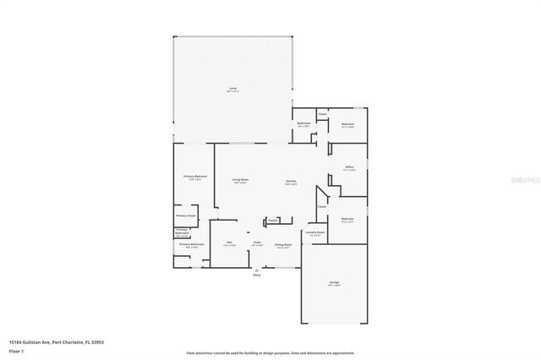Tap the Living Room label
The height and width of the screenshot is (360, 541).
(240, 180)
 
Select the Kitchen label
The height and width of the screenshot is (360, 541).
(290, 180)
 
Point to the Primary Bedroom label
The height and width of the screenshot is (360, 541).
(195, 177)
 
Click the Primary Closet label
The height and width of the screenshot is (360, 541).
(185, 215)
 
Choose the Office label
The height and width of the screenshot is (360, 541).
(349, 167)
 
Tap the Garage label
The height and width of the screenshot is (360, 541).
(334, 283)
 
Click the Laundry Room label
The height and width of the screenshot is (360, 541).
(314, 232)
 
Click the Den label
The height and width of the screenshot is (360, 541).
(230, 243)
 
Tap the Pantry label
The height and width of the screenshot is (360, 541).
(273, 221)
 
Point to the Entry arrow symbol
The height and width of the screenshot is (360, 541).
(257, 270)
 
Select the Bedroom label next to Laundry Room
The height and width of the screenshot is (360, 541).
(347, 220)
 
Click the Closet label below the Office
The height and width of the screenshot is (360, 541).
(322, 206)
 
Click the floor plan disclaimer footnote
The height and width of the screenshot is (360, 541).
(270, 352)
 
